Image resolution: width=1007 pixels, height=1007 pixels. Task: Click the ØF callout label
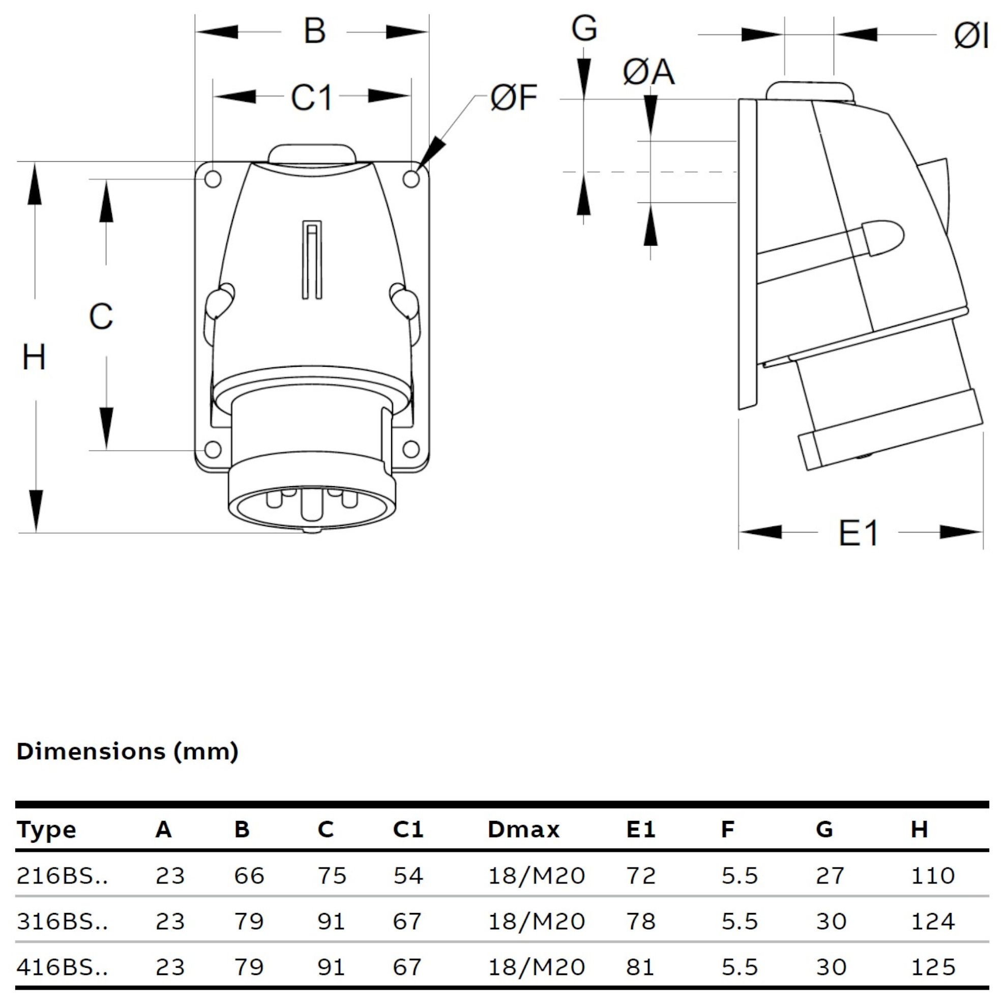coord(513,98)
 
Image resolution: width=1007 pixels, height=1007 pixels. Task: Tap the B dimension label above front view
coord(315,31)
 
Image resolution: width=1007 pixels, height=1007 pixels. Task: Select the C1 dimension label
coord(311,97)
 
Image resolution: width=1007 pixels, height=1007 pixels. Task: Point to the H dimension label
coord(34,358)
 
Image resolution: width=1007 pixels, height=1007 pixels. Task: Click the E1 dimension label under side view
coord(858,532)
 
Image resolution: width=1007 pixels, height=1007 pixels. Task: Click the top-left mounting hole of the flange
coord(213,179)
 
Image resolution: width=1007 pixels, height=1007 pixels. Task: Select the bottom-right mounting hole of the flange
coord(411,449)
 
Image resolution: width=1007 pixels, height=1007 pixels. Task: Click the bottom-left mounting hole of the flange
coord(213,449)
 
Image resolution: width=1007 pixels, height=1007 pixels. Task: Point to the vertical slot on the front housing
coord(312,260)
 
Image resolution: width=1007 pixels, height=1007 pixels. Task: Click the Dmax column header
coord(523,830)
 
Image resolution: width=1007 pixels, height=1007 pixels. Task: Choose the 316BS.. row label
coord(62,922)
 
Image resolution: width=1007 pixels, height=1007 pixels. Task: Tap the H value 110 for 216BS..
coord(932,876)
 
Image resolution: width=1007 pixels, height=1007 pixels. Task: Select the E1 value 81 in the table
coord(641,967)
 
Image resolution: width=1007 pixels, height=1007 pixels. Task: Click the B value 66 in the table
coord(249,876)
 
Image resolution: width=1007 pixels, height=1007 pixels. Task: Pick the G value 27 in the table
coord(830,876)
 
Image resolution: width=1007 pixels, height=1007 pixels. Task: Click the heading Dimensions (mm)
coord(128,752)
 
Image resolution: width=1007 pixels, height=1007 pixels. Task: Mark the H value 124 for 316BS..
coord(932,922)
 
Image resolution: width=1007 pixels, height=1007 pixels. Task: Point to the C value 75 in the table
coord(332,876)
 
